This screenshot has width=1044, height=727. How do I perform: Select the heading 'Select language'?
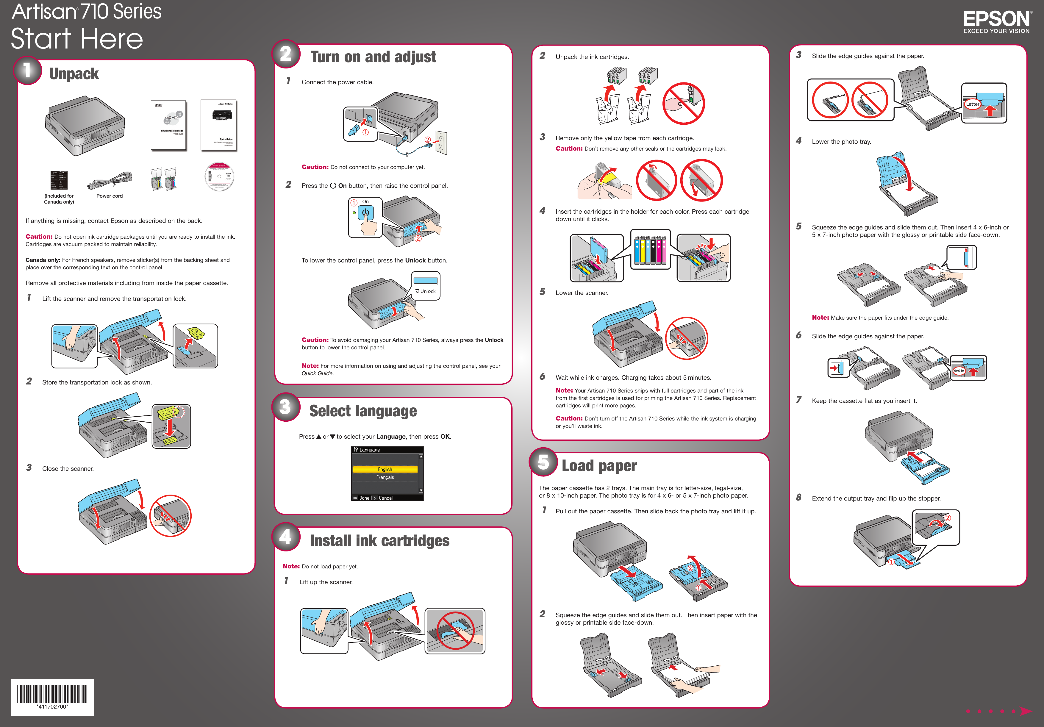362,411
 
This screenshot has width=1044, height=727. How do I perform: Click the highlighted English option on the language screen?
385,469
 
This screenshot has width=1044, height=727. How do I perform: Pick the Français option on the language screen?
385,477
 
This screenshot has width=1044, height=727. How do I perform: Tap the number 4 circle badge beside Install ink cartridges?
286,537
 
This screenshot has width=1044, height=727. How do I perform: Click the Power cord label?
109,196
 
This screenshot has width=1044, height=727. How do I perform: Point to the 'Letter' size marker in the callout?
972,104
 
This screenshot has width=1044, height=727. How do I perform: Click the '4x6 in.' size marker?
959,371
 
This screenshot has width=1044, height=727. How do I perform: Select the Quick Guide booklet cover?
219,125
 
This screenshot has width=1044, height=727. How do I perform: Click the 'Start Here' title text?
76,39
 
